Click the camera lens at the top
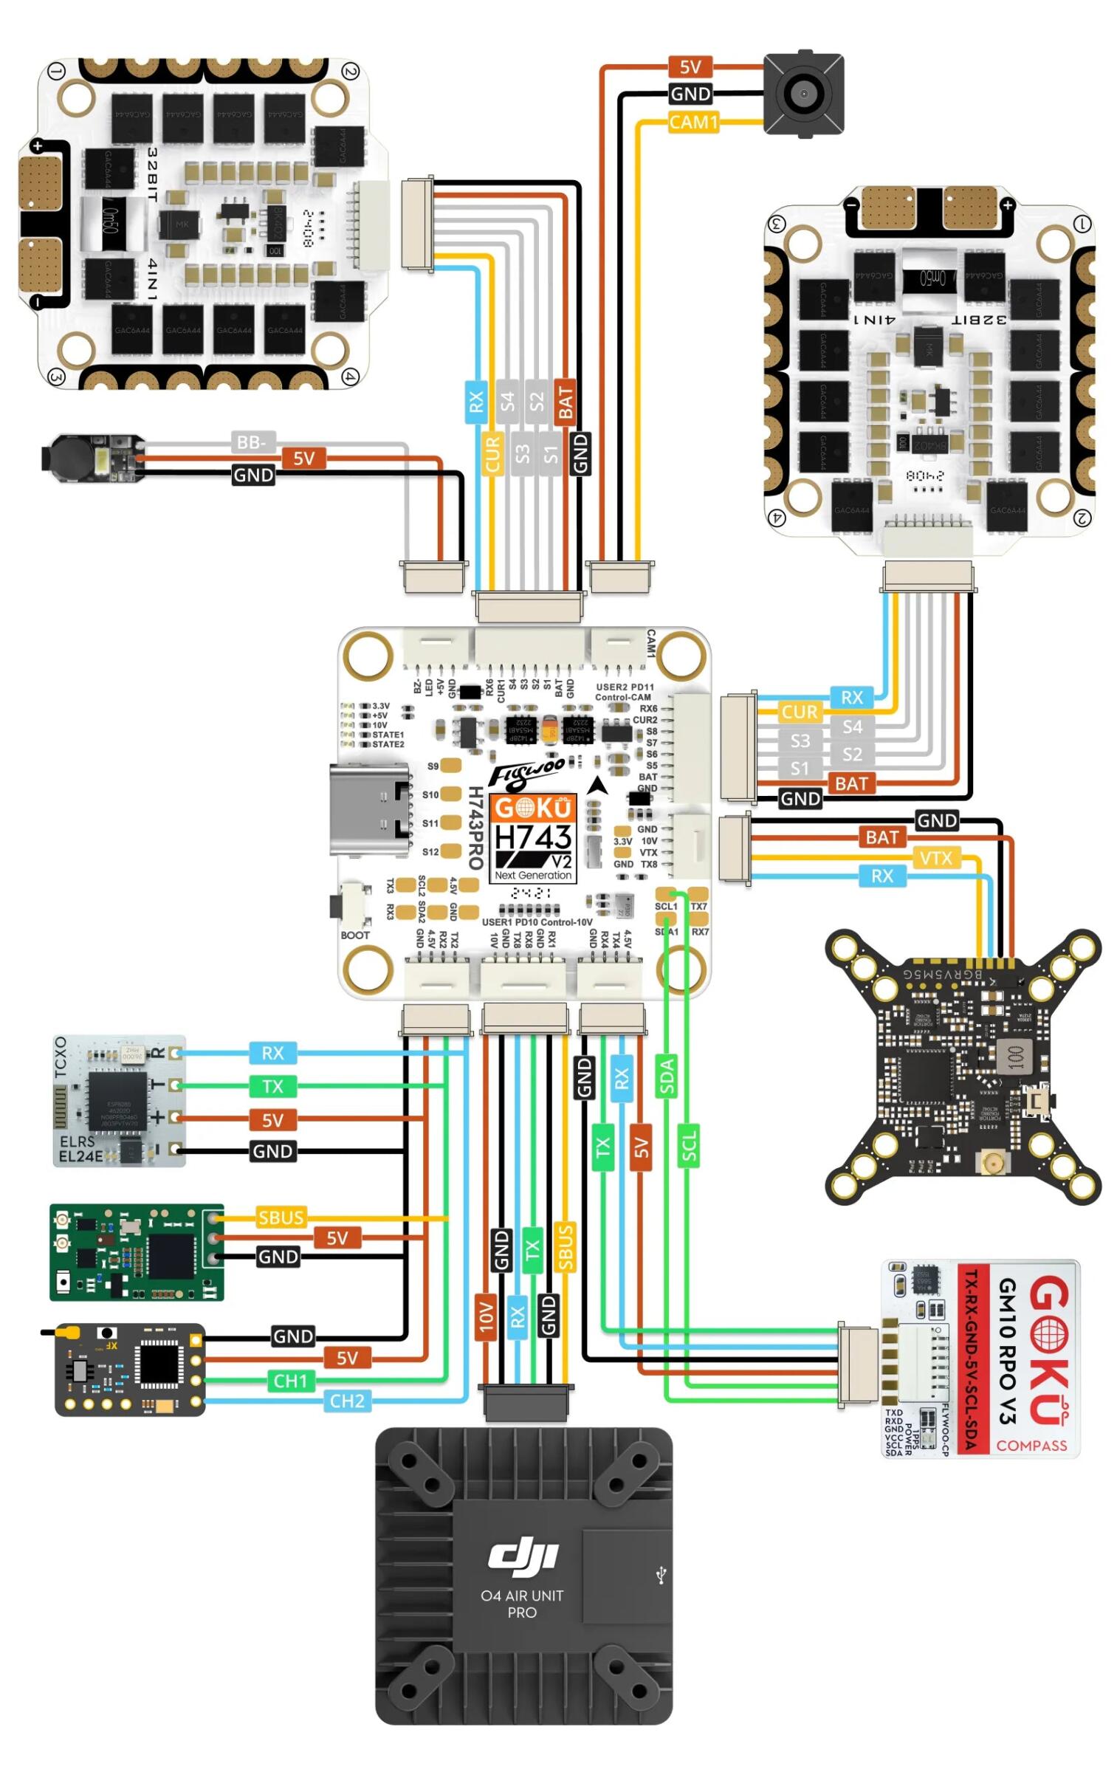coord(802,94)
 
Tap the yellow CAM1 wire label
coord(692,122)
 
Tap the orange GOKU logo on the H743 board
coord(533,808)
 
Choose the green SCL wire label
coord(688,1145)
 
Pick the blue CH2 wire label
coord(347,1401)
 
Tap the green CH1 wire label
coord(290,1380)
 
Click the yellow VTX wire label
coord(935,858)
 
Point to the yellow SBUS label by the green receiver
coord(281,1218)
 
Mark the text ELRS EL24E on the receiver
coord(80,1149)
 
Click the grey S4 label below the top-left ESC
coord(507,402)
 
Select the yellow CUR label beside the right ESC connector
coord(800,712)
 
